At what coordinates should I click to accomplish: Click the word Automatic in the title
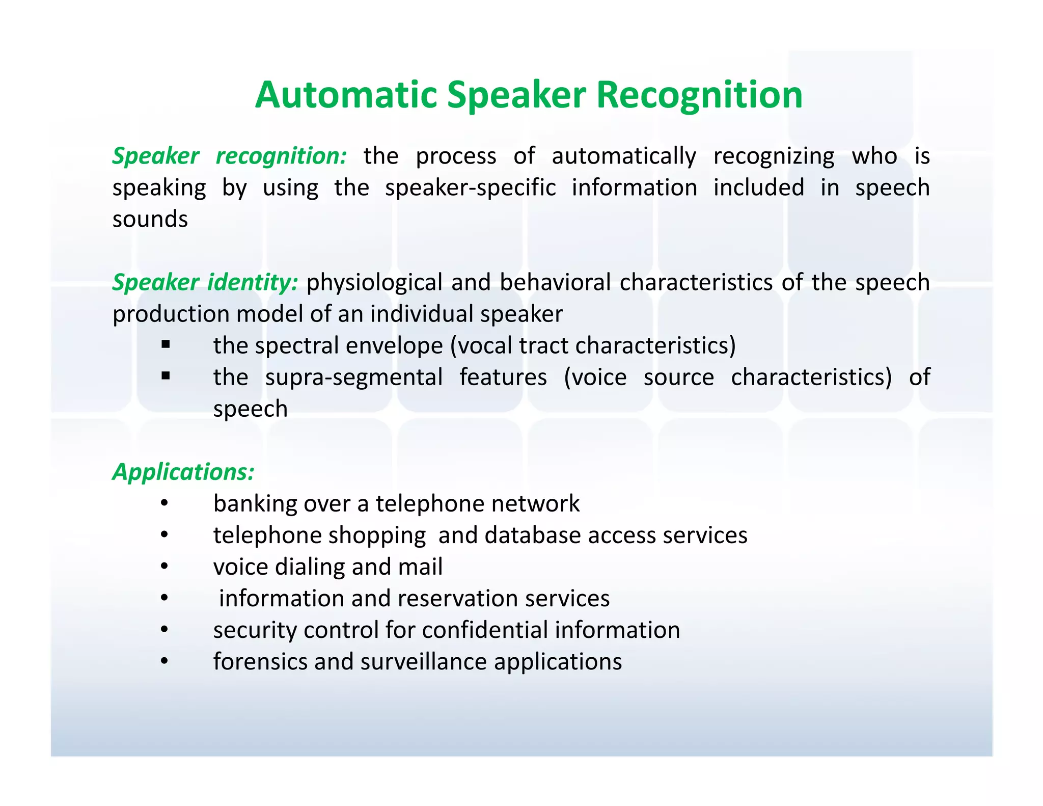346,95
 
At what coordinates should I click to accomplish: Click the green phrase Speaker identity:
205,282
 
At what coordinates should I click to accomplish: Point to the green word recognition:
281,156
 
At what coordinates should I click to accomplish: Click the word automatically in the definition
624,156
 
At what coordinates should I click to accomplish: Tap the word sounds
150,219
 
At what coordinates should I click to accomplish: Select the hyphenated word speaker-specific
470,188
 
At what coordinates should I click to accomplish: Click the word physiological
374,282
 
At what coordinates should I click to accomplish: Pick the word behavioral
555,282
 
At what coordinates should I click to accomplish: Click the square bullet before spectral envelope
166,345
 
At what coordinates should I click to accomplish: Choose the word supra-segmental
354,378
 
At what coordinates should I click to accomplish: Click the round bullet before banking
164,503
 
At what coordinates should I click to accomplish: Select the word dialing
309,567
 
